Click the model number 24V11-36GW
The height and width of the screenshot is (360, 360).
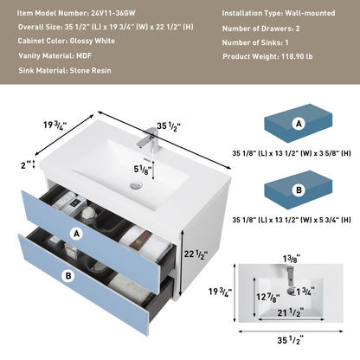[x=113, y=13]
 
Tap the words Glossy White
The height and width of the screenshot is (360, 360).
[x=93, y=41]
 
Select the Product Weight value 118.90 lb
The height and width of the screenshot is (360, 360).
[x=297, y=56]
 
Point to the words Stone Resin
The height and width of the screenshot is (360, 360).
[x=91, y=71]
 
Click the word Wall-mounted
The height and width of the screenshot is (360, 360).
[x=310, y=13]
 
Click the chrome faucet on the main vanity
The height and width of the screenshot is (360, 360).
[x=149, y=138]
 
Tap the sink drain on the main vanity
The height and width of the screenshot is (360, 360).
[x=136, y=185]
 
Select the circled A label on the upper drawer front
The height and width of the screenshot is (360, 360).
[x=76, y=234]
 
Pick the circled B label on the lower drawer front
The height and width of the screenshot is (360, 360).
[x=68, y=276]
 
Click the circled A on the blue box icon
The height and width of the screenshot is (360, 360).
[x=299, y=124]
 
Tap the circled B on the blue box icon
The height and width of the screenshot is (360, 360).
[x=299, y=190]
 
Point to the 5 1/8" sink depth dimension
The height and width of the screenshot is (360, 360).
[x=143, y=170]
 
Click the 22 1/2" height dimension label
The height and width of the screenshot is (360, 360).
[x=196, y=254]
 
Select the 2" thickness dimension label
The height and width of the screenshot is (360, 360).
[x=26, y=165]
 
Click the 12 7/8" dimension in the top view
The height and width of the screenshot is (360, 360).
[x=268, y=297]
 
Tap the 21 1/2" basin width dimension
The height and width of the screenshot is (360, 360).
[x=291, y=312]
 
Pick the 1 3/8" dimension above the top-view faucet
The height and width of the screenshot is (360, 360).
[x=292, y=259]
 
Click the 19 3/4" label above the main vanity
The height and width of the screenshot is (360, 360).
[x=55, y=125]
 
